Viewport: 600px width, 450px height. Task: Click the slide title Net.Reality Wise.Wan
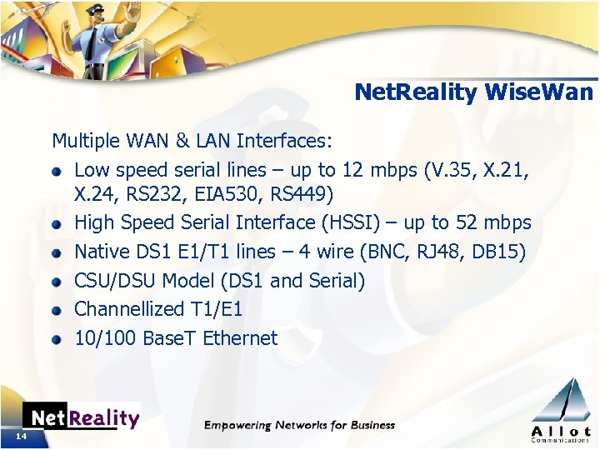[474, 92]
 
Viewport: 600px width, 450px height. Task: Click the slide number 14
[21, 437]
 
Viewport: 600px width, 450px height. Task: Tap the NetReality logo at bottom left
[81, 417]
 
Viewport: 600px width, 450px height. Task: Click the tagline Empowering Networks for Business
[300, 425]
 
